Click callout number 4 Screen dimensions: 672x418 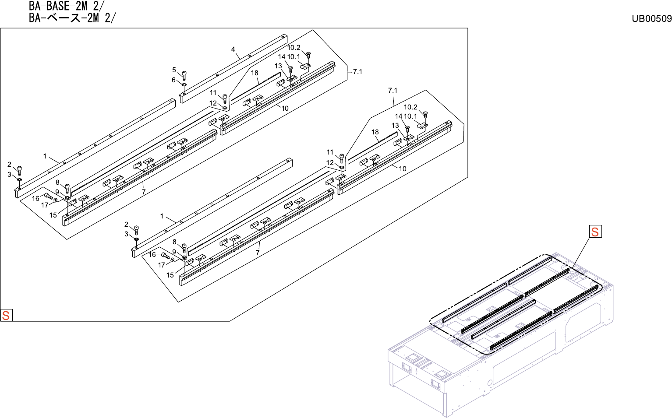point(233,49)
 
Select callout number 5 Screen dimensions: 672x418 point(174,70)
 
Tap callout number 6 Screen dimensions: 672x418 point(173,80)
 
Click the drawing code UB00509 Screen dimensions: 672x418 point(651,18)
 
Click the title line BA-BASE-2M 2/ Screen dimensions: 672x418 point(67,6)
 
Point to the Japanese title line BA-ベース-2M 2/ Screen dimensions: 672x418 point(73,18)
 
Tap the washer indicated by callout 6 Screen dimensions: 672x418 point(184,84)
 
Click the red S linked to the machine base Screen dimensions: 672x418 point(595,232)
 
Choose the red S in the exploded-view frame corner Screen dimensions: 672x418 point(6,315)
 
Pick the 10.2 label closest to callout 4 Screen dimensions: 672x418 point(294,48)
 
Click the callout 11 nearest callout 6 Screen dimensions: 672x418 point(213,93)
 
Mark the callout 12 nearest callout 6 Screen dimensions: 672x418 point(213,103)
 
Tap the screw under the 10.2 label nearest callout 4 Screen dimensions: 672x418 point(308,55)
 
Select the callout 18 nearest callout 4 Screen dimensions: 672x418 point(255,73)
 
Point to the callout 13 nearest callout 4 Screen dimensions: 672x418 point(278,66)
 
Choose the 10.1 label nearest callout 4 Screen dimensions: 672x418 point(294,57)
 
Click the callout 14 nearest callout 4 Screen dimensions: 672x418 point(282,57)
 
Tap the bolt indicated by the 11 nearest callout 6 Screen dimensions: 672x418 point(225,98)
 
